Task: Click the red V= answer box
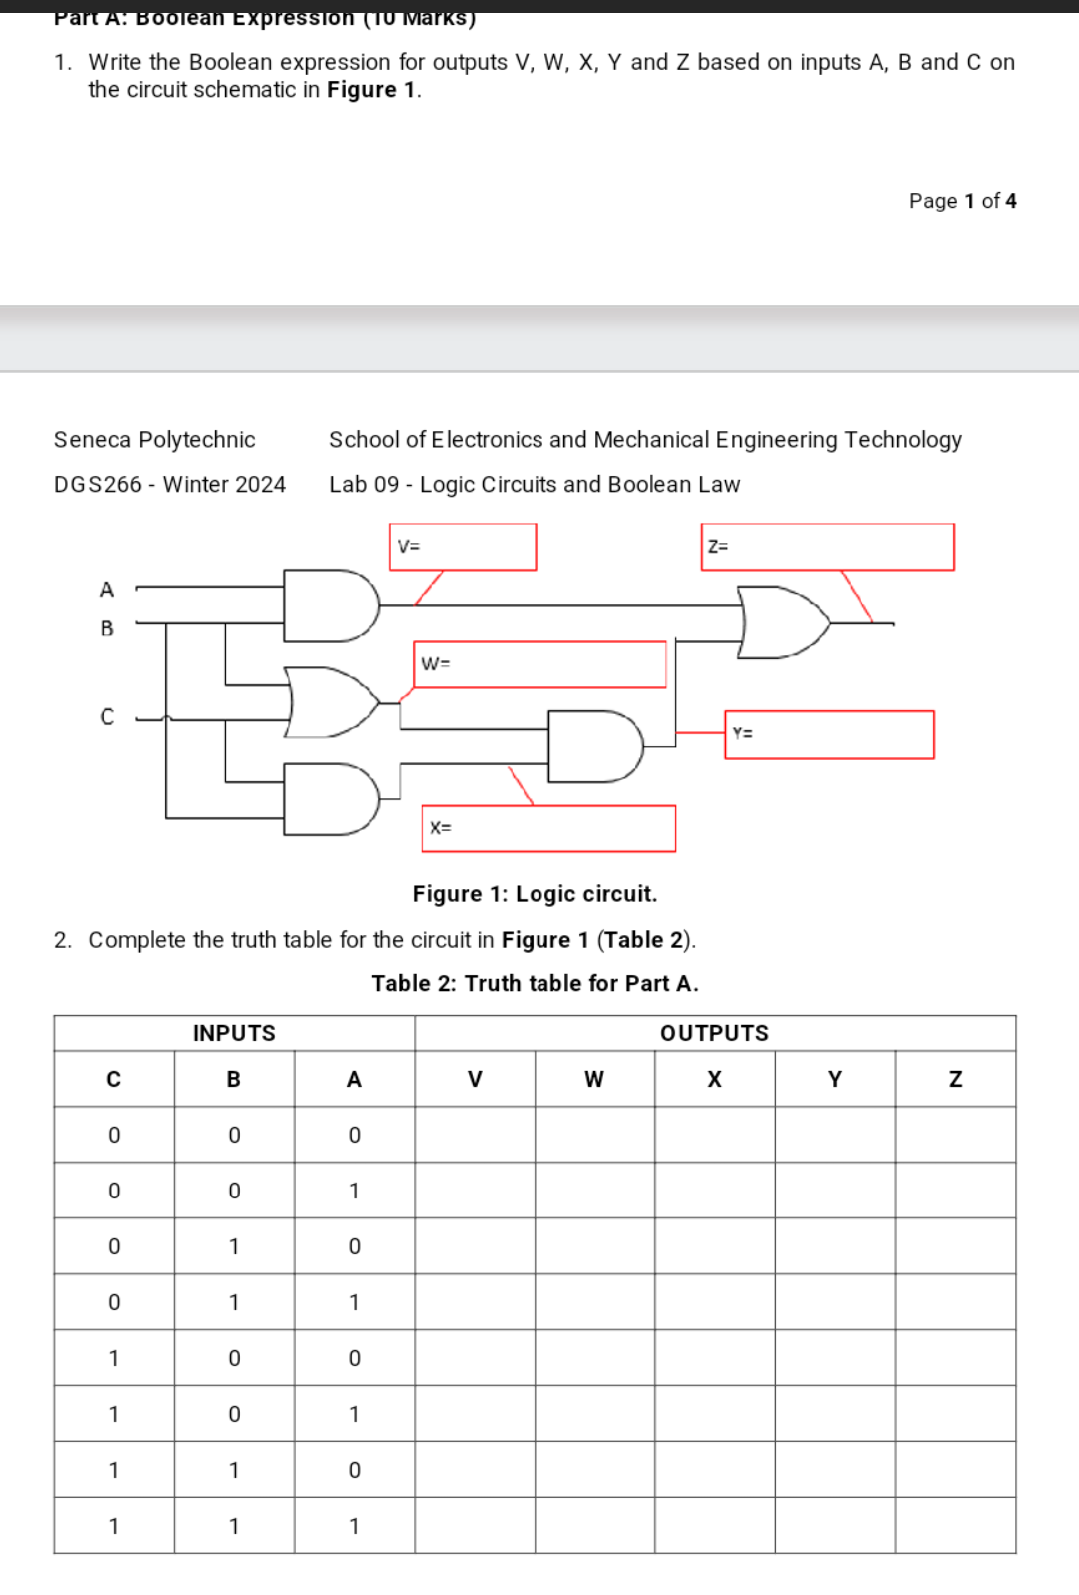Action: (x=463, y=547)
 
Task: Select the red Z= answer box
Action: (x=827, y=547)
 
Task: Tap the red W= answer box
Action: (x=539, y=664)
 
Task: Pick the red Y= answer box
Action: (x=829, y=734)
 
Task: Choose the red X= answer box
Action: (x=548, y=828)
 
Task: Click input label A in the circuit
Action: (x=107, y=590)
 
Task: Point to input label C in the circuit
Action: (x=107, y=717)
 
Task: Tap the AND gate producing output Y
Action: (x=593, y=746)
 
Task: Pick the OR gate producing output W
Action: (x=329, y=702)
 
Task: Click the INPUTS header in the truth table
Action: (x=234, y=1033)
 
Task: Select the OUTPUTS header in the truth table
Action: (x=714, y=1033)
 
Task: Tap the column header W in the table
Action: (x=594, y=1079)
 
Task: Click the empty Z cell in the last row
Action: (x=955, y=1525)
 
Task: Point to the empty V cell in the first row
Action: (x=475, y=1135)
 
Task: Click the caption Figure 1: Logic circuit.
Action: (x=535, y=894)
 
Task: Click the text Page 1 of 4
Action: (x=962, y=201)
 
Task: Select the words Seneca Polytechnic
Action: (x=155, y=440)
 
